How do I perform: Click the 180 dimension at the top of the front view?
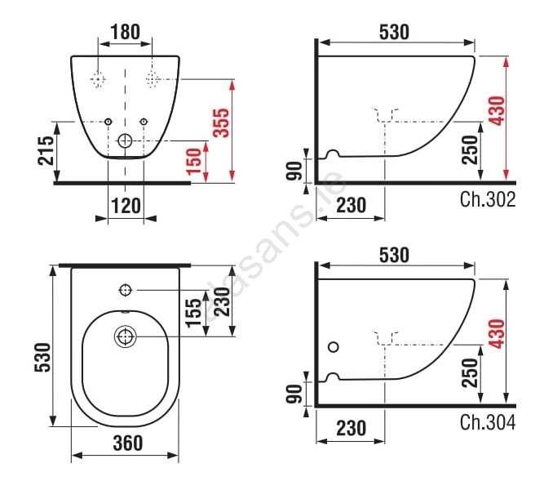click(126, 32)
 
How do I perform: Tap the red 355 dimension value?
click(221, 123)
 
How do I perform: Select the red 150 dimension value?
click(194, 161)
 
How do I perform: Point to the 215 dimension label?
click(46, 150)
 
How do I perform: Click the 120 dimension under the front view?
click(126, 206)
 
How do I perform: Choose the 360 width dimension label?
click(128, 443)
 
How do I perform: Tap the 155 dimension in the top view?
click(193, 313)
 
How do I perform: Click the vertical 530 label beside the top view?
click(43, 357)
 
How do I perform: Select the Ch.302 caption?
click(488, 199)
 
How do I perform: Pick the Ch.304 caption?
click(488, 422)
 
